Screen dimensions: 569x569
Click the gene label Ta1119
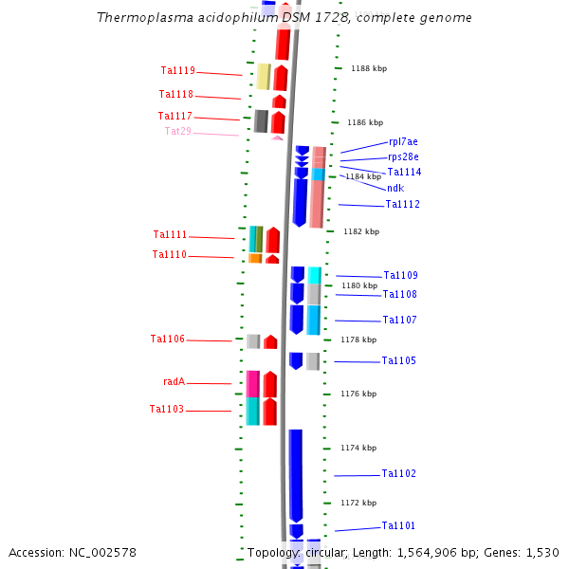[177, 70]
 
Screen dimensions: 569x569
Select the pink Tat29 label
[177, 131]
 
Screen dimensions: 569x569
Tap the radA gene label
[174, 382]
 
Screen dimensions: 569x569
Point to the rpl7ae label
[403, 141]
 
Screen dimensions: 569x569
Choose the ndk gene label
[395, 188]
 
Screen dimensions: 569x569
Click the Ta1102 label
[398, 473]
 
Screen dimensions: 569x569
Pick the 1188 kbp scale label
[368, 68]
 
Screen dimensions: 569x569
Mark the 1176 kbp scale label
[358, 394]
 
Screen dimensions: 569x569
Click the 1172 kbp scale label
[358, 503]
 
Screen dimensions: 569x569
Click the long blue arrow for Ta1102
[296, 474]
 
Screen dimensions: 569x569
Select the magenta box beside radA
[252, 383]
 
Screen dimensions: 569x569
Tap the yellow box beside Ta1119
[264, 77]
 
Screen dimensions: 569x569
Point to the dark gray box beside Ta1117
[261, 120]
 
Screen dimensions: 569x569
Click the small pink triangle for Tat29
[277, 138]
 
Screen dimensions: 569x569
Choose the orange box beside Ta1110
[255, 258]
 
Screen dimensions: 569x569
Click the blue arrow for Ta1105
[296, 360]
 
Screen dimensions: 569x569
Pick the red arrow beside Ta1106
[270, 341]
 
